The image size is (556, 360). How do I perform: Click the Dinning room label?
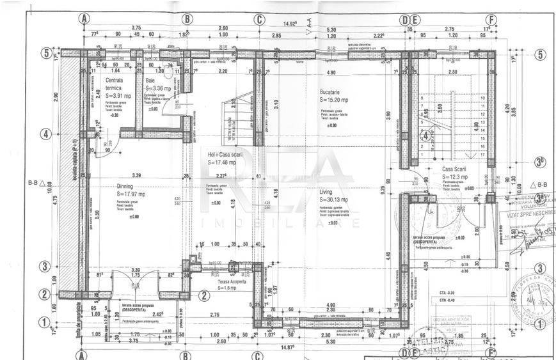point(127,185)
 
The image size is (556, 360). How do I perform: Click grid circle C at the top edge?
point(258,19)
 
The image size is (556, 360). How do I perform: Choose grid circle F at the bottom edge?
point(491,352)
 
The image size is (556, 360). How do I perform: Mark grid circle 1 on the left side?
point(44,322)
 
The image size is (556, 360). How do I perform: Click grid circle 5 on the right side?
point(540,54)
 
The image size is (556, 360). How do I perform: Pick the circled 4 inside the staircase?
point(424,136)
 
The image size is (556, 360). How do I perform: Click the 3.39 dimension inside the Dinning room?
point(135,175)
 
